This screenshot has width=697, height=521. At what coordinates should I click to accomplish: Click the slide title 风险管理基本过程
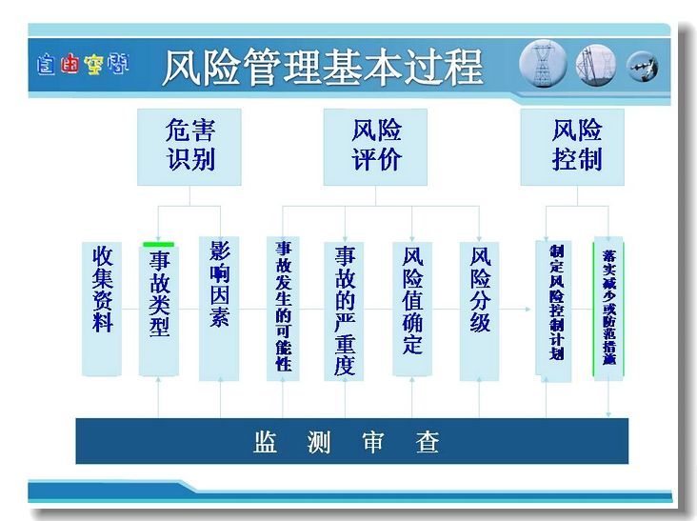[323, 67]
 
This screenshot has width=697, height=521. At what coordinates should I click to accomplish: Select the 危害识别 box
[189, 147]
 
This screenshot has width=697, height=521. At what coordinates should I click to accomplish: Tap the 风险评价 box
[375, 147]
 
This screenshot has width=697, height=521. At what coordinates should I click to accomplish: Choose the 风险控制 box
[572, 147]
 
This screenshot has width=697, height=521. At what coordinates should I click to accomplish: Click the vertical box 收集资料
[102, 309]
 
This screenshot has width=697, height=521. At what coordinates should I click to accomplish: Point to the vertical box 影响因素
[219, 309]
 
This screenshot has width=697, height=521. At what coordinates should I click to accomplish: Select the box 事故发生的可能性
[283, 309]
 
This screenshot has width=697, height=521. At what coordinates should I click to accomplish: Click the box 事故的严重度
[344, 311]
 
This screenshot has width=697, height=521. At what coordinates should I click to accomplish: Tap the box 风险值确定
[412, 310]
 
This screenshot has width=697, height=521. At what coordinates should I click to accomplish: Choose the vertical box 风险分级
[479, 311]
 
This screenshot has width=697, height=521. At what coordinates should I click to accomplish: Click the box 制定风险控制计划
[553, 311]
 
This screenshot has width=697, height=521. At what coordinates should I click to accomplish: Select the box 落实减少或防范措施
[608, 309]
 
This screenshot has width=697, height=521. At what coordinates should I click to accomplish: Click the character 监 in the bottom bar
[266, 442]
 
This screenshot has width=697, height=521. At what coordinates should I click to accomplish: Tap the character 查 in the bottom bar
[428, 442]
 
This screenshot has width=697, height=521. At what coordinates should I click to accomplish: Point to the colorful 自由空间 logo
[83, 65]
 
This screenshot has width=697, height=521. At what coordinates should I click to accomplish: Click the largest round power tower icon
[543, 65]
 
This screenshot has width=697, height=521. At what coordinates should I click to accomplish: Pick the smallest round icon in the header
[643, 67]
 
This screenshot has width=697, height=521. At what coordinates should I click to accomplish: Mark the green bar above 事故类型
[159, 245]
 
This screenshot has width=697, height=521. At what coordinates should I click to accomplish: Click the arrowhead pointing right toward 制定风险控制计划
[528, 309]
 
